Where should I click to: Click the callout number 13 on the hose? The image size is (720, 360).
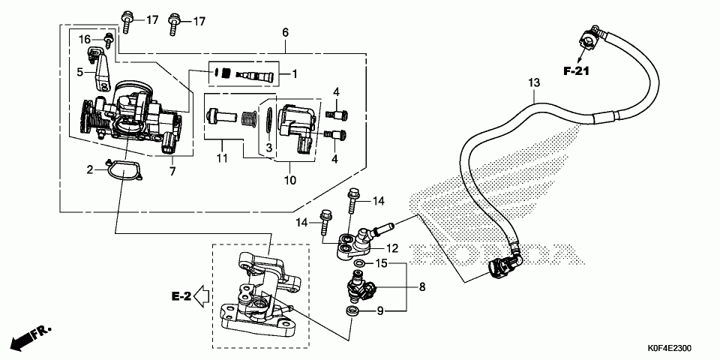[x=534, y=83]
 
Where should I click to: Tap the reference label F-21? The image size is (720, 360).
[x=577, y=71]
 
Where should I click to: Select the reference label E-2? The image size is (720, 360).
[x=181, y=297]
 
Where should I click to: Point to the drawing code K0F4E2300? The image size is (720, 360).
[x=670, y=349]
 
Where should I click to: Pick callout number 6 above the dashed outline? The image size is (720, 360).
[x=285, y=32]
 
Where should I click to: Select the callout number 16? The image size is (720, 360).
[x=85, y=40]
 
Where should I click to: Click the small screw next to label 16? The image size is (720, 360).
[x=109, y=40]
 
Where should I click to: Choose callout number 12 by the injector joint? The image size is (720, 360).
[x=392, y=248]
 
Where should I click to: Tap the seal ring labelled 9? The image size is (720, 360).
[x=352, y=310]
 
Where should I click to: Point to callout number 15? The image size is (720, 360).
[x=382, y=263]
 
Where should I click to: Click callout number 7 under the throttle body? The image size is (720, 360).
[x=172, y=171]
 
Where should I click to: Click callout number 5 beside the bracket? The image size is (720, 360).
[x=79, y=72]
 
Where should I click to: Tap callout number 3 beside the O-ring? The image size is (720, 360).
[x=269, y=148]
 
